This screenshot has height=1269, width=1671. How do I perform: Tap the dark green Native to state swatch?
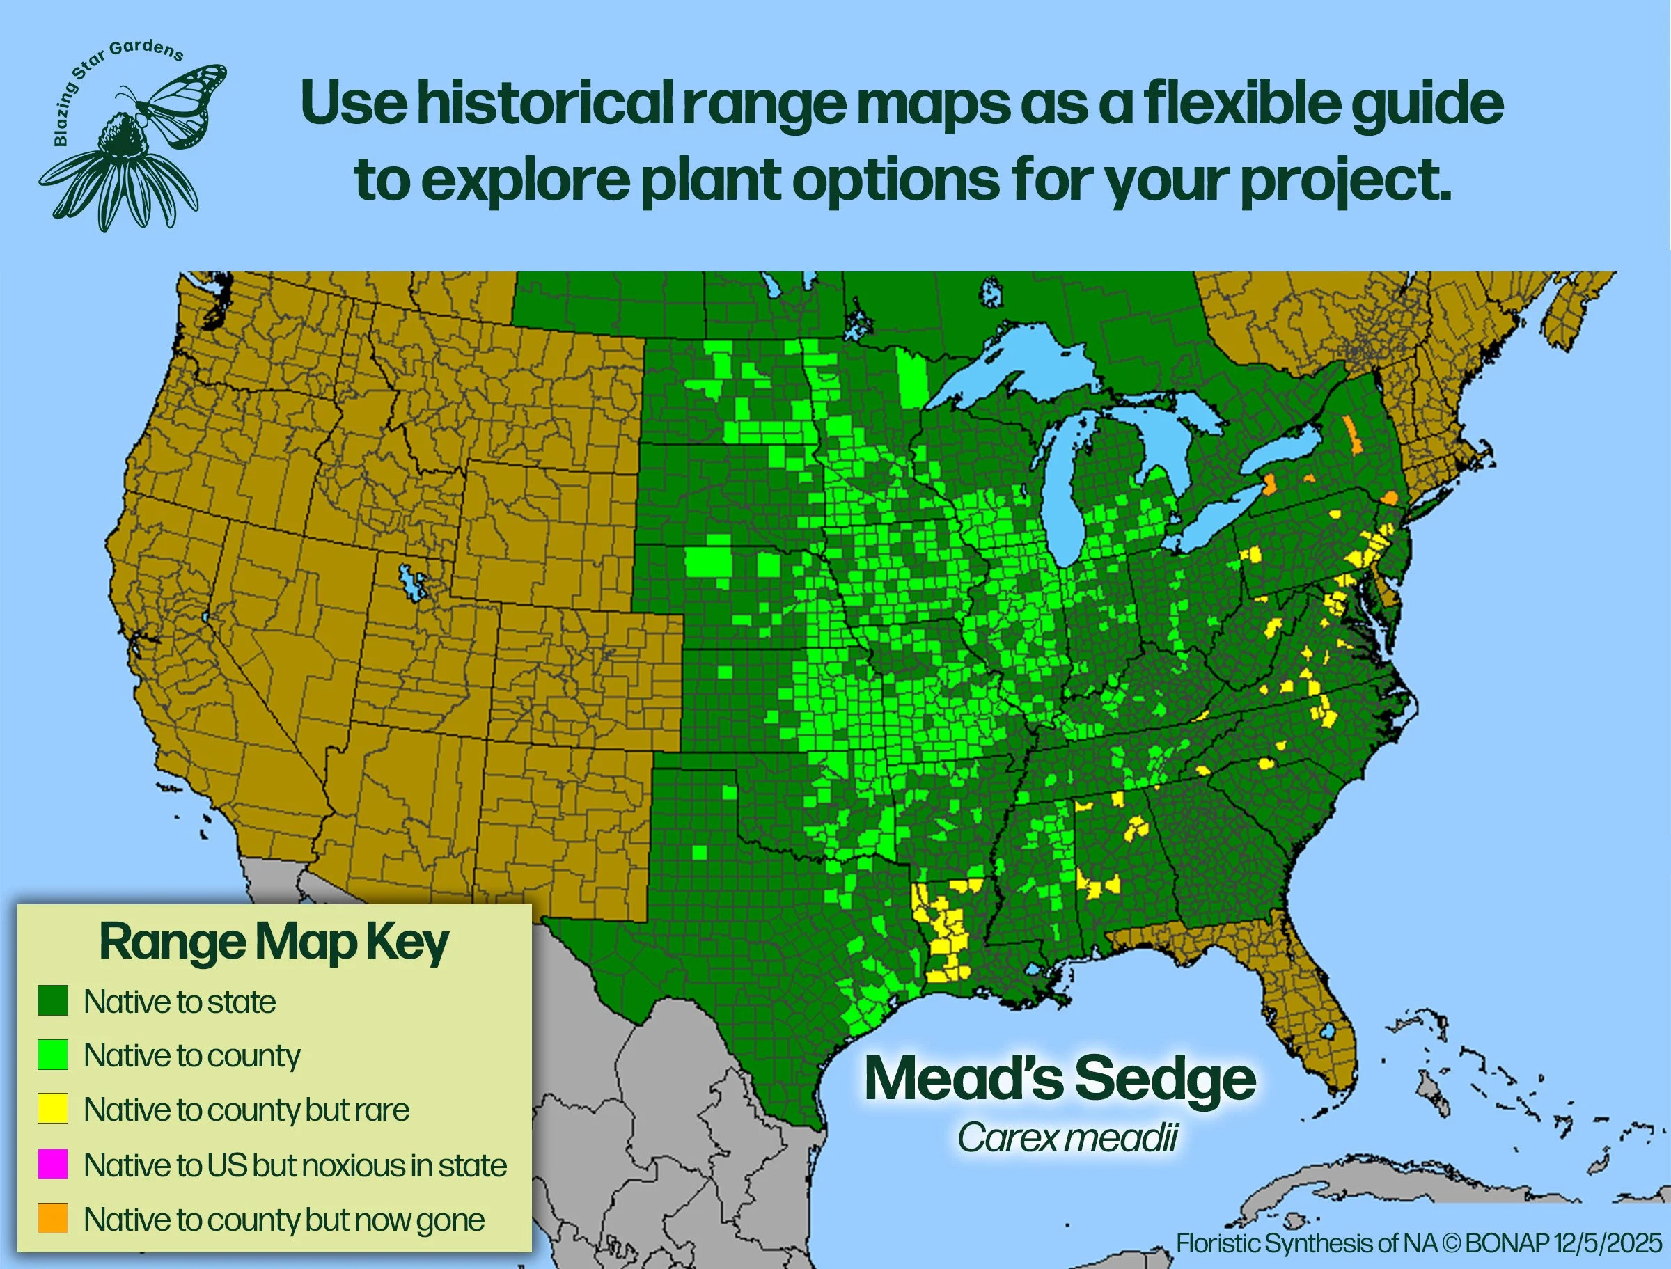point(53,1001)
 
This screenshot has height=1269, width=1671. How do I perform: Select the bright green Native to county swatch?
point(53,1055)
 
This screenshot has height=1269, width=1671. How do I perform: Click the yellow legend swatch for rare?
point(53,1109)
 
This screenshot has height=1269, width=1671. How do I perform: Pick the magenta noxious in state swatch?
point(53,1164)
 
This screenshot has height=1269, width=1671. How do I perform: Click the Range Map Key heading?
point(274,943)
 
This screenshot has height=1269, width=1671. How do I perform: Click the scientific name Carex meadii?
point(1067,1137)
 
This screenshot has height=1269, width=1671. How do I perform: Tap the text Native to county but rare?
point(246,1109)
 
